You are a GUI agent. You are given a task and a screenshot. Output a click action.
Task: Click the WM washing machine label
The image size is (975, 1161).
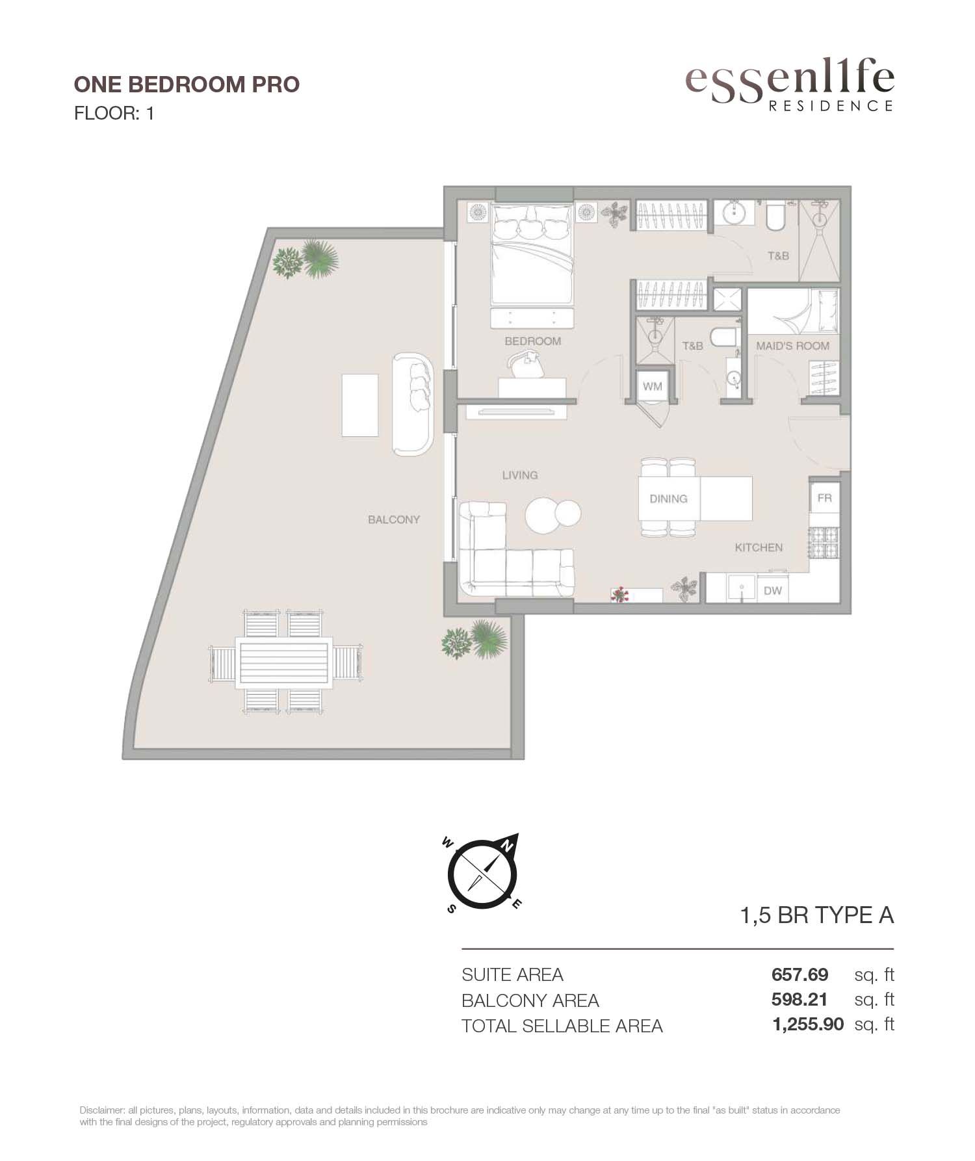653,386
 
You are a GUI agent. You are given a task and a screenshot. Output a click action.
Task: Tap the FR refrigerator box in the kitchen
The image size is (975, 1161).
824,497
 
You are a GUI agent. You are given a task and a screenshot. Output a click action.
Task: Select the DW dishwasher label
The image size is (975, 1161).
772,591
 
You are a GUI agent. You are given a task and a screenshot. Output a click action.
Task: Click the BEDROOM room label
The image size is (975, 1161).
532,341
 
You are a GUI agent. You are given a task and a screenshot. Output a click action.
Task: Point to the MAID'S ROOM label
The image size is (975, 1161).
792,346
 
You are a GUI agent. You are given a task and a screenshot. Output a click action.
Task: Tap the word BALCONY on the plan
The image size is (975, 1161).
394,519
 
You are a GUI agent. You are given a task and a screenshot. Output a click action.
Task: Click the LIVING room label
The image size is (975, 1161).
520,475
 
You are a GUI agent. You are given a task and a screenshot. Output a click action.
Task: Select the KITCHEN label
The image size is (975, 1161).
759,547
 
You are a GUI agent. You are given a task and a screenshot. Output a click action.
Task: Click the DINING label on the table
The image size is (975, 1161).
668,499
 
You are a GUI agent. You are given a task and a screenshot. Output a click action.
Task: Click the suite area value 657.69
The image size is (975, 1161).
799,974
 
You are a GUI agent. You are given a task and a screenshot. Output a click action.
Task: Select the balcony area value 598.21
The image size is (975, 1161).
799,1000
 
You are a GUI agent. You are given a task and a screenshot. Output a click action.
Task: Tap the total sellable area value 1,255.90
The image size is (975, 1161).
808,1025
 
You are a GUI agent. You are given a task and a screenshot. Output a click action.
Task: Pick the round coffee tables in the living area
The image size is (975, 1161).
553,515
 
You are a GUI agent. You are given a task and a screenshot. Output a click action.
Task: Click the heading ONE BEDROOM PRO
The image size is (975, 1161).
187,85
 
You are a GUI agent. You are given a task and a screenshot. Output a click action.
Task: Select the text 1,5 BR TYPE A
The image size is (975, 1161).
817,915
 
